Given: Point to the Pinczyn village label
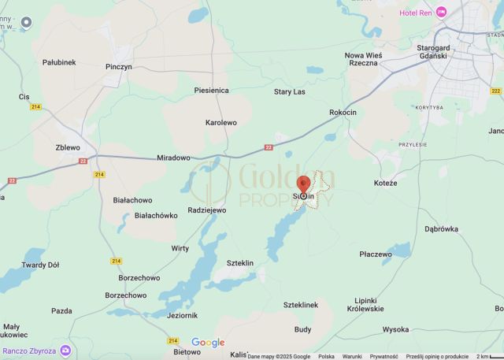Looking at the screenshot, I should [119, 67].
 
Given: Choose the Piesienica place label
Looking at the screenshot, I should [212, 91].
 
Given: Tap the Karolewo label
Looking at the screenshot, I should [220, 123].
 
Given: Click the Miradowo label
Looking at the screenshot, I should [174, 158].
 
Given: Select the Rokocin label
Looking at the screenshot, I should [344, 113].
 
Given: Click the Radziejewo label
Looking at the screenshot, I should [207, 210].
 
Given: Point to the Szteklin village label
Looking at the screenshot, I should [239, 263].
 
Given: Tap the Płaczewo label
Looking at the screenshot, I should [375, 254].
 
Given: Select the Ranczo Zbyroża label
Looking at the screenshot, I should [28, 351].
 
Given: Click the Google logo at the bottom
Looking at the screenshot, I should [208, 343].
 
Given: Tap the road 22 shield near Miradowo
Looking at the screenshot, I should [269, 147].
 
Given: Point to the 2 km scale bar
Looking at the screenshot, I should [488, 356].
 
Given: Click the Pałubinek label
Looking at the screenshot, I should [59, 62].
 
